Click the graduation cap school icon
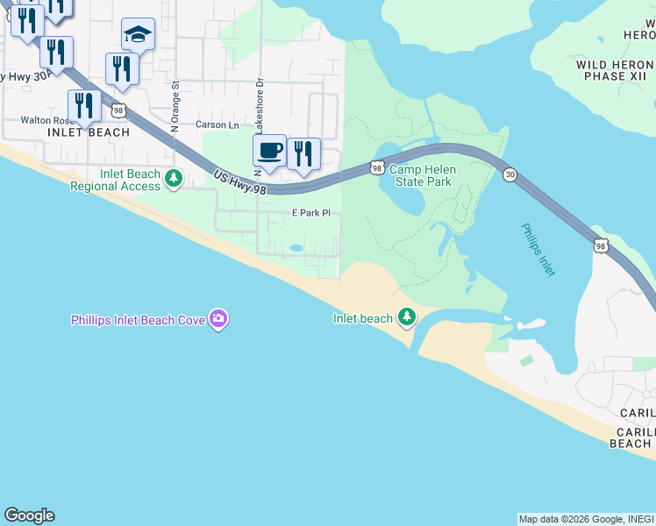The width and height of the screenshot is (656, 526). pyautogui.click(x=138, y=34)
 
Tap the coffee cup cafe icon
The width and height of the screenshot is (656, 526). pyautogui.click(x=270, y=151)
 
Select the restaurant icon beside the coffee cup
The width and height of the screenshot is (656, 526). pyautogui.click(x=303, y=153)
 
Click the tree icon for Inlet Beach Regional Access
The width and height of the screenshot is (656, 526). pyautogui.click(x=174, y=179)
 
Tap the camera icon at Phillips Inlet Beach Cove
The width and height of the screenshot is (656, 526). pyautogui.click(x=217, y=319)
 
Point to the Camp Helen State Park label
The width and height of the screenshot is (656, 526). pyautogui.click(x=420, y=175)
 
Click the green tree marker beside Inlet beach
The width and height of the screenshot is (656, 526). pyautogui.click(x=406, y=316)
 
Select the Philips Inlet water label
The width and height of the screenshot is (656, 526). pyautogui.click(x=538, y=250)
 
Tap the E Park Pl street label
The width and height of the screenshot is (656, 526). pyautogui.click(x=311, y=213)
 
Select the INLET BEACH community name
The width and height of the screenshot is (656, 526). pyautogui.click(x=88, y=133)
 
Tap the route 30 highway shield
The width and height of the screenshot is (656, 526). pyautogui.click(x=510, y=175)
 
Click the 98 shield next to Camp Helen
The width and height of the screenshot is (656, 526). pyautogui.click(x=376, y=167)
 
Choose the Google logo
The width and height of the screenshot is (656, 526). pyautogui.click(x=29, y=515)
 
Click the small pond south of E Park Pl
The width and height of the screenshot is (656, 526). pyautogui.click(x=296, y=249)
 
